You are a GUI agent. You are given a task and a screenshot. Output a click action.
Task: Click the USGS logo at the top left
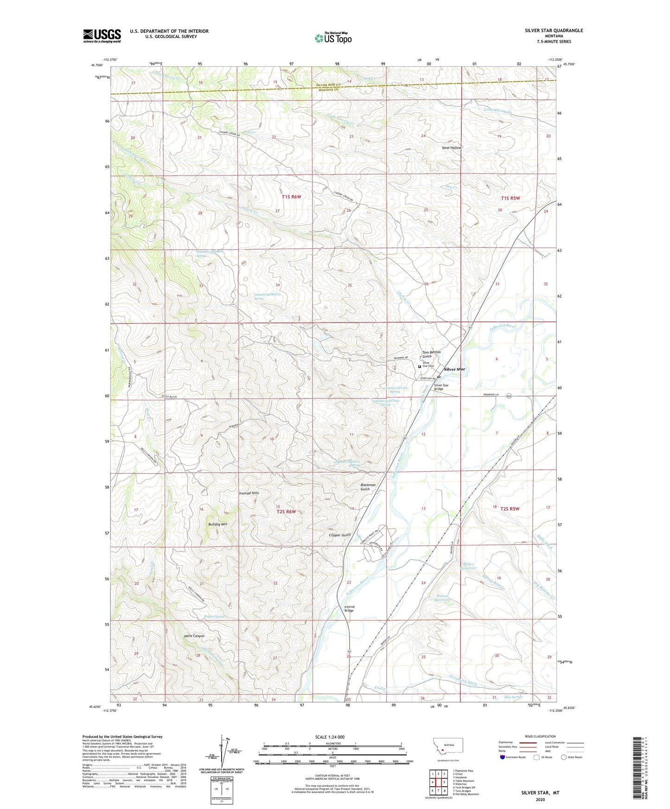point(102,35)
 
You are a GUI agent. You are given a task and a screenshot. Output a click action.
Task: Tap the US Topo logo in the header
point(333,38)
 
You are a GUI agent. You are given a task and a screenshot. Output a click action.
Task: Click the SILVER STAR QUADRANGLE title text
point(554,31)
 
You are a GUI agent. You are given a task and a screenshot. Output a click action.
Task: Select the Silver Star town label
point(454,369)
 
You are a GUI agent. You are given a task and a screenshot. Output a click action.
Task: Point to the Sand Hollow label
point(451,148)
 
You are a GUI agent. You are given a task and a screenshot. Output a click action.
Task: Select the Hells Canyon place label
point(193,636)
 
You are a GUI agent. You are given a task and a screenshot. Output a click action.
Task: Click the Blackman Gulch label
point(368,487)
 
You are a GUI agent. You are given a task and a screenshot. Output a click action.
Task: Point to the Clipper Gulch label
point(339,535)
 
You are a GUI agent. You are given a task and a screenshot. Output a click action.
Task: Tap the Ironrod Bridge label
point(349,609)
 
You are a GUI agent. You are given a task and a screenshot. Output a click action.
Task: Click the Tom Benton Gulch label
point(431,354)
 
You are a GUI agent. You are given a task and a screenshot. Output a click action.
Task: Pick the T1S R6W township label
point(291,197)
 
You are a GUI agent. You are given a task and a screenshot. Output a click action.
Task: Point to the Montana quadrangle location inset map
point(447,748)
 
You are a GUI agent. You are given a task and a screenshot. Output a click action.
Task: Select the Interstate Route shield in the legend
point(503,757)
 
